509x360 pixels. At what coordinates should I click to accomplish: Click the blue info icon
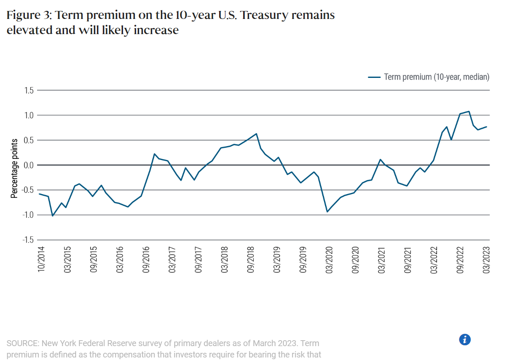tap(465, 339)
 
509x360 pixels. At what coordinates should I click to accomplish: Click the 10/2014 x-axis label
tap(41, 260)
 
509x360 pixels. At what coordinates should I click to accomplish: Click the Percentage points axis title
tap(14, 168)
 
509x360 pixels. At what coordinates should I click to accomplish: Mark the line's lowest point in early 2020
tap(327, 211)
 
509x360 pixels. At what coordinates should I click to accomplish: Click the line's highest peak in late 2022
tap(469, 112)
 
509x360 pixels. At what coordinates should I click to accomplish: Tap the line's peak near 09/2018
tap(256, 134)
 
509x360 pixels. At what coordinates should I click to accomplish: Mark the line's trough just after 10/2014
tap(53, 216)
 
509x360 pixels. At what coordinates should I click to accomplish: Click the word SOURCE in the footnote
tap(23, 344)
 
